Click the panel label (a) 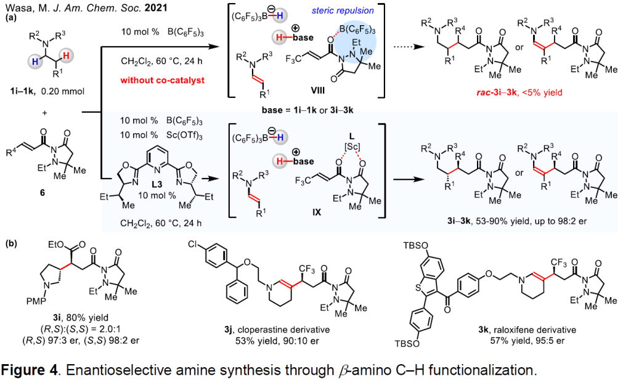(x=11, y=18)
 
